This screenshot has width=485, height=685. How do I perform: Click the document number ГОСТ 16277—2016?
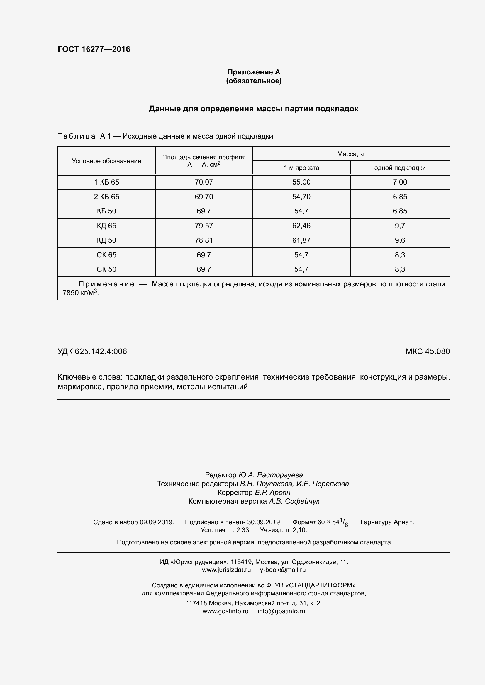[x=94, y=49]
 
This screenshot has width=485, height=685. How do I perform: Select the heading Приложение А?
[x=254, y=72]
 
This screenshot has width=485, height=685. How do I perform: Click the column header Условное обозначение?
[x=106, y=161]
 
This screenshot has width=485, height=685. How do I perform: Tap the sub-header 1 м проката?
[x=301, y=168]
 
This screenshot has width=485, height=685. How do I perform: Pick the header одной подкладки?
[x=400, y=168]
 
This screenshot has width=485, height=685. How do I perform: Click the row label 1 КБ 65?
[x=106, y=182]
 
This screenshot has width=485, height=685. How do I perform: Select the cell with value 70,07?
[x=204, y=182]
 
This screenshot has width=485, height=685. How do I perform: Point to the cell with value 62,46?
[x=301, y=226]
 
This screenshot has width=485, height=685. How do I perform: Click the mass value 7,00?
[x=400, y=182]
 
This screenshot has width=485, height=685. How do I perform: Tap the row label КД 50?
[x=106, y=240]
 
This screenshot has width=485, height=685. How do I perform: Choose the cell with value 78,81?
[x=204, y=240]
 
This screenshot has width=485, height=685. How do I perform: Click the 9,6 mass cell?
[x=400, y=240]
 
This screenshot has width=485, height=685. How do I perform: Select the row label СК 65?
[x=106, y=255]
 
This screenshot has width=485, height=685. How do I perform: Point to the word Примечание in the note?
[x=106, y=284]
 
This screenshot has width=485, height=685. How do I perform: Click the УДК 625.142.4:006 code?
[x=92, y=351]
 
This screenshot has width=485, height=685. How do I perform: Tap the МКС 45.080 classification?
[x=427, y=351]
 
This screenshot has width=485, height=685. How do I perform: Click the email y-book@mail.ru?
[x=282, y=570]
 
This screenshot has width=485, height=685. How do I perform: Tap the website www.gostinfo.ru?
[x=225, y=611]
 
